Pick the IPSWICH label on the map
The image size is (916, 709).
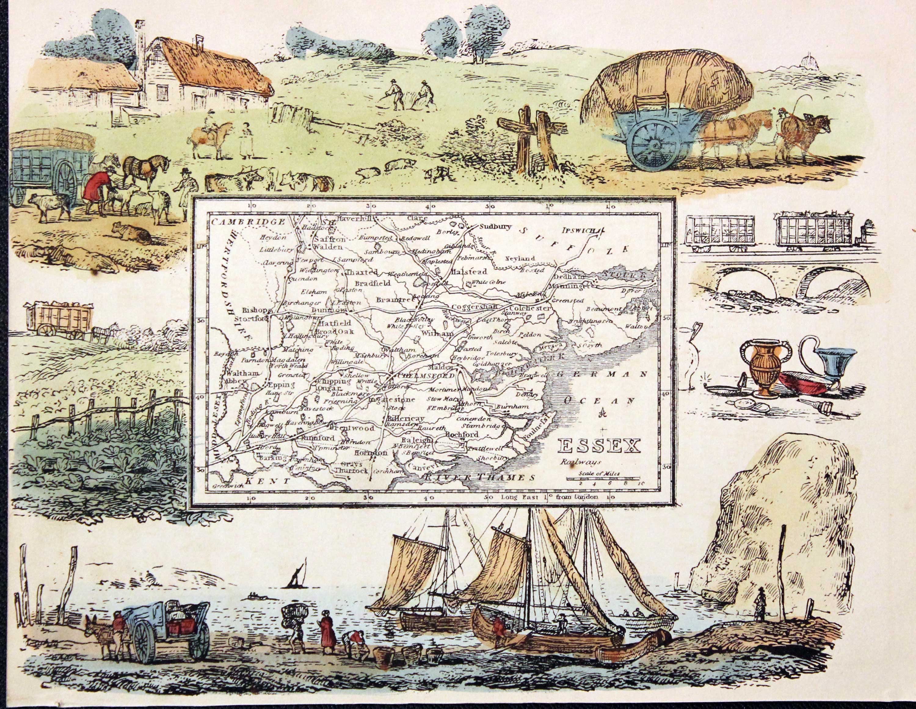(580, 230)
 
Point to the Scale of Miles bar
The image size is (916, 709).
(603, 478)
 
